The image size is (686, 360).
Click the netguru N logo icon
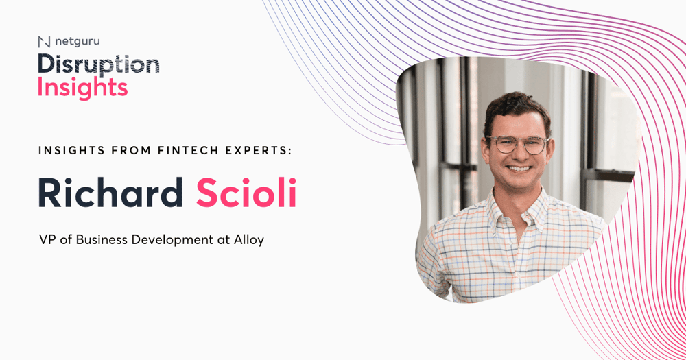click(x=44, y=42)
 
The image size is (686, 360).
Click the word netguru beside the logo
click(x=78, y=42)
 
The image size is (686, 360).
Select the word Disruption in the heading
click(x=98, y=65)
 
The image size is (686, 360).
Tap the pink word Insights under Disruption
click(x=83, y=88)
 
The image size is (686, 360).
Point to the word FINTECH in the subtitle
click(x=188, y=150)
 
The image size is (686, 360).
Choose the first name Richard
click(x=110, y=192)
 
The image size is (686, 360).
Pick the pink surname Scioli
click(x=246, y=192)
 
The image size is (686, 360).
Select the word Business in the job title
click(x=102, y=240)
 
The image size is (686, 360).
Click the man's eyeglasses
click(x=517, y=145)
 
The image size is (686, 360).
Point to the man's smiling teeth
click(x=519, y=169)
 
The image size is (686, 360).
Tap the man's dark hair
click(x=517, y=109)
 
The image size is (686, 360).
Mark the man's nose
click(x=519, y=154)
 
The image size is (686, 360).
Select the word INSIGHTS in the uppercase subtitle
click(x=71, y=150)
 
